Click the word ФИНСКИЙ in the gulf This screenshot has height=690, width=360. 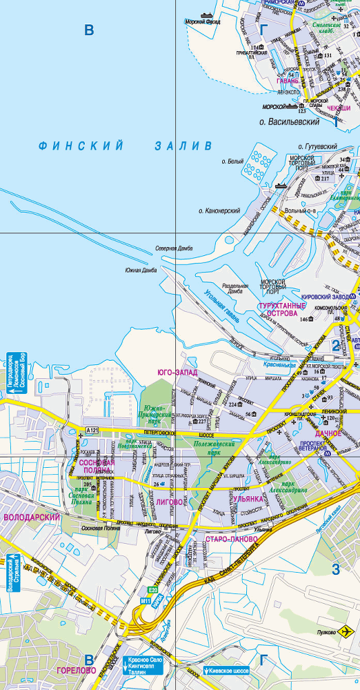coord(81,146)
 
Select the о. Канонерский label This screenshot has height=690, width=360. coord(219,210)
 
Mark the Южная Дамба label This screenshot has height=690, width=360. coord(141,270)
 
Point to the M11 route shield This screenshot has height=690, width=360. coord(146,601)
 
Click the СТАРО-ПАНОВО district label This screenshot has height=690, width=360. coord(231,538)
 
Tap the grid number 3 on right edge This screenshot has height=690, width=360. coord(337,569)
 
